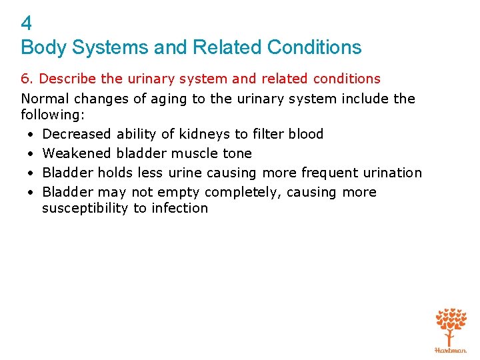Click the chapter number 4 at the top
27,24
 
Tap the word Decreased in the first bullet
77,134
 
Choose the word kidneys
200,134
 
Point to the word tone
237,153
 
